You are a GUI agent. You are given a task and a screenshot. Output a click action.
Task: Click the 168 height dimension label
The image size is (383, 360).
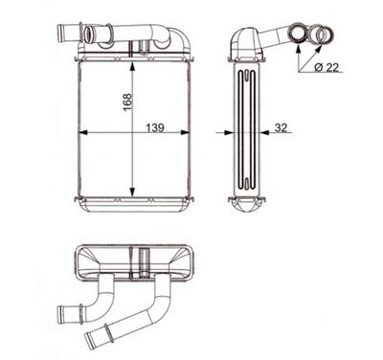click(127, 101)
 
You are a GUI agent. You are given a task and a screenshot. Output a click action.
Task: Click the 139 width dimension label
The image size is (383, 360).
click(155, 128)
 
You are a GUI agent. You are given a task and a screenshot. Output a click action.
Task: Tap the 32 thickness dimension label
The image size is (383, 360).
click(281, 127)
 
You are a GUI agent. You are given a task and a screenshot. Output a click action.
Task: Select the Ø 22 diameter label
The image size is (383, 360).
click(326, 67)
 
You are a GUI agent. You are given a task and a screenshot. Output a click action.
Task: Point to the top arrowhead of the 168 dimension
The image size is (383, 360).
click(132, 66)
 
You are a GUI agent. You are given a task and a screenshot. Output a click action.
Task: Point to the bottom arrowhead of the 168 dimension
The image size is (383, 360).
click(132, 191)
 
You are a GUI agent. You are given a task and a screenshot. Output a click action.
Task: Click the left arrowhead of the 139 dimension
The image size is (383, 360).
click(83, 133)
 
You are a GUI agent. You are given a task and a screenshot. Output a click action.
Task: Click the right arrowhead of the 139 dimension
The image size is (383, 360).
click(185, 133)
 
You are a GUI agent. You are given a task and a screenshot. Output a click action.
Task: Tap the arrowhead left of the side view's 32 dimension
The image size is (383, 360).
click(229, 133)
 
